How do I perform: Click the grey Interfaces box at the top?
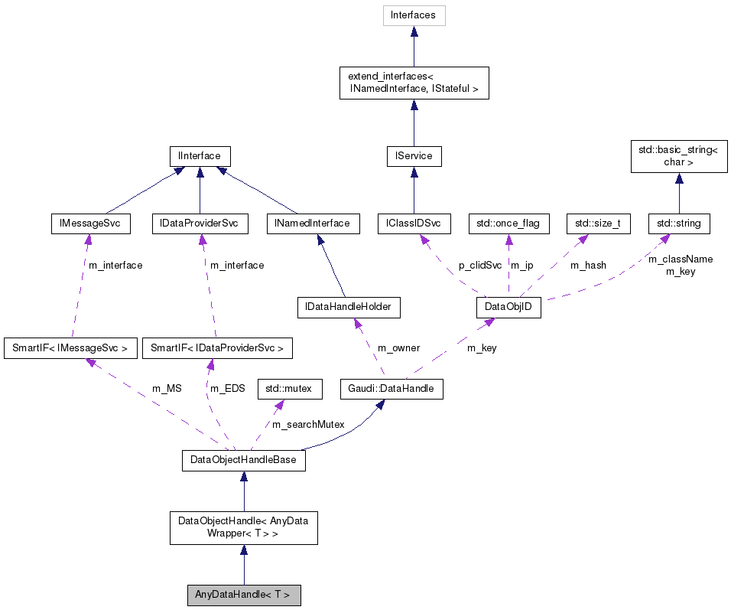tap(413, 15)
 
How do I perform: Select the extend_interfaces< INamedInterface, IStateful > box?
tap(413, 83)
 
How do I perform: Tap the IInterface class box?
tap(200, 156)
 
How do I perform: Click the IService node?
tap(414, 156)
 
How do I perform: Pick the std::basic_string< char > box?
tap(677, 156)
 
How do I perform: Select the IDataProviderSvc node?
tap(200, 223)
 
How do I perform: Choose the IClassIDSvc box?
tap(414, 223)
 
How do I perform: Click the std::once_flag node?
tap(508, 223)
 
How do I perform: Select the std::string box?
tap(679, 223)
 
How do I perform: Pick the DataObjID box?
tap(508, 308)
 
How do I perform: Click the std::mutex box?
tap(289, 389)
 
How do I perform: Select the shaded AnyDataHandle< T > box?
tap(243, 595)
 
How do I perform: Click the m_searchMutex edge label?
tap(308, 424)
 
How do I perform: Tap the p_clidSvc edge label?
tap(480, 265)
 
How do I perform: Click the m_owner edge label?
tap(398, 347)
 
